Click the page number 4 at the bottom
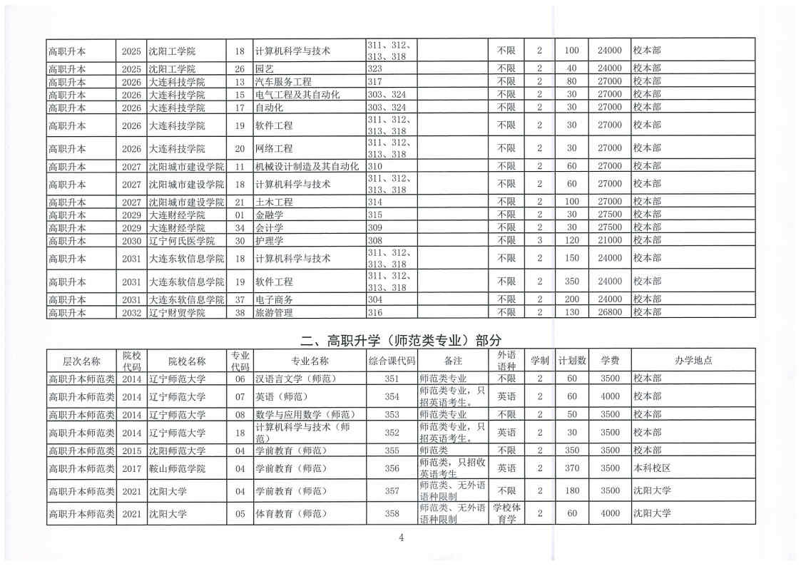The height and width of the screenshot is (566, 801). (x=402, y=537)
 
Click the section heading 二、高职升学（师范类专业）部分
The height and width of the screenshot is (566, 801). (x=400, y=339)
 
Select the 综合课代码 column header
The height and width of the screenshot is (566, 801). (x=392, y=361)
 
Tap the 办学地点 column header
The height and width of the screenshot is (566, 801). (x=693, y=361)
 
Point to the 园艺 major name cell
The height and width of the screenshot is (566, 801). (x=264, y=68)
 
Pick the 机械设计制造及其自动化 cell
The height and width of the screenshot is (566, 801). (x=307, y=166)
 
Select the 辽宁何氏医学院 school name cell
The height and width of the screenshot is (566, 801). (x=182, y=241)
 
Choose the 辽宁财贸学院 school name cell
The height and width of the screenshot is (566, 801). (x=177, y=312)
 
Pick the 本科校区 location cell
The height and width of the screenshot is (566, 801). (x=652, y=468)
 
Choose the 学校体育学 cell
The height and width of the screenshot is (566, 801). (x=506, y=513)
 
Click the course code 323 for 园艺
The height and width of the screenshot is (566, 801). (x=375, y=68)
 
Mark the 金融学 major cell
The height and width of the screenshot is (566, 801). (x=269, y=215)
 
